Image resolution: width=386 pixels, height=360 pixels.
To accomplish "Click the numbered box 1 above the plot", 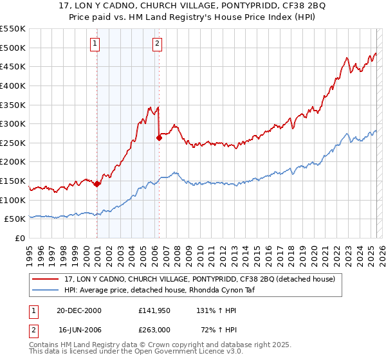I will (95, 44).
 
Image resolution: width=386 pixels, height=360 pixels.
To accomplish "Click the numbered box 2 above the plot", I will (157, 44).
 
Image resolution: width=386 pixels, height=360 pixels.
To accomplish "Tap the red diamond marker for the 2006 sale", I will (159, 137).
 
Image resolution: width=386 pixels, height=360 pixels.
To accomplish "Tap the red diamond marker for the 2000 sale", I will (96, 184).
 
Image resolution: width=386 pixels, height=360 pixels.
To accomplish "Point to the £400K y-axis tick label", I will (13, 85).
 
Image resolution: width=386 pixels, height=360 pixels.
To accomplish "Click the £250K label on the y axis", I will (13, 143).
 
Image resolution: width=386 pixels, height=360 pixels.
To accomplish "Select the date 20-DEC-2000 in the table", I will (79, 310).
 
